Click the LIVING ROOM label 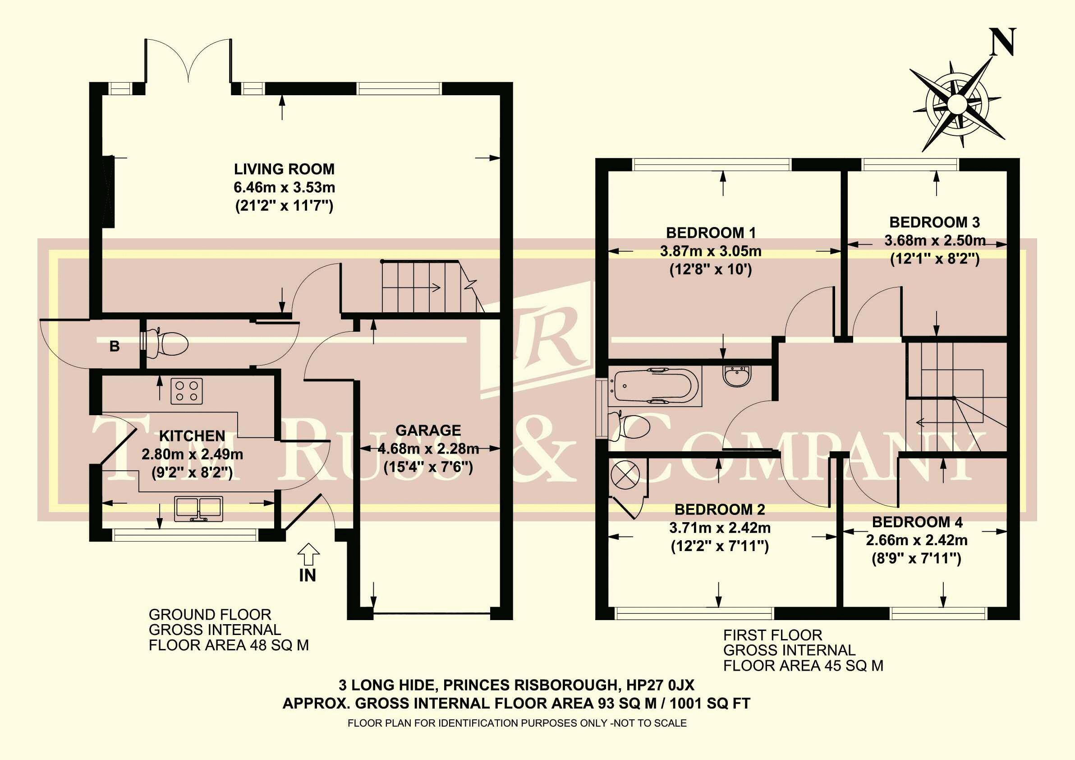click(284, 169)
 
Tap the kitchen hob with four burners click(187, 391)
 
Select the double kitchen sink click(198, 508)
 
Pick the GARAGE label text click(428, 430)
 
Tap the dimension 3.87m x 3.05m click(711, 251)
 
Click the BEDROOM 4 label click(916, 522)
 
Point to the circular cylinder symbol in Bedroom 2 click(625, 476)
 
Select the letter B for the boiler click(114, 346)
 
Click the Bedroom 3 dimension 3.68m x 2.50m click(935, 241)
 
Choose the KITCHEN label click(192, 436)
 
